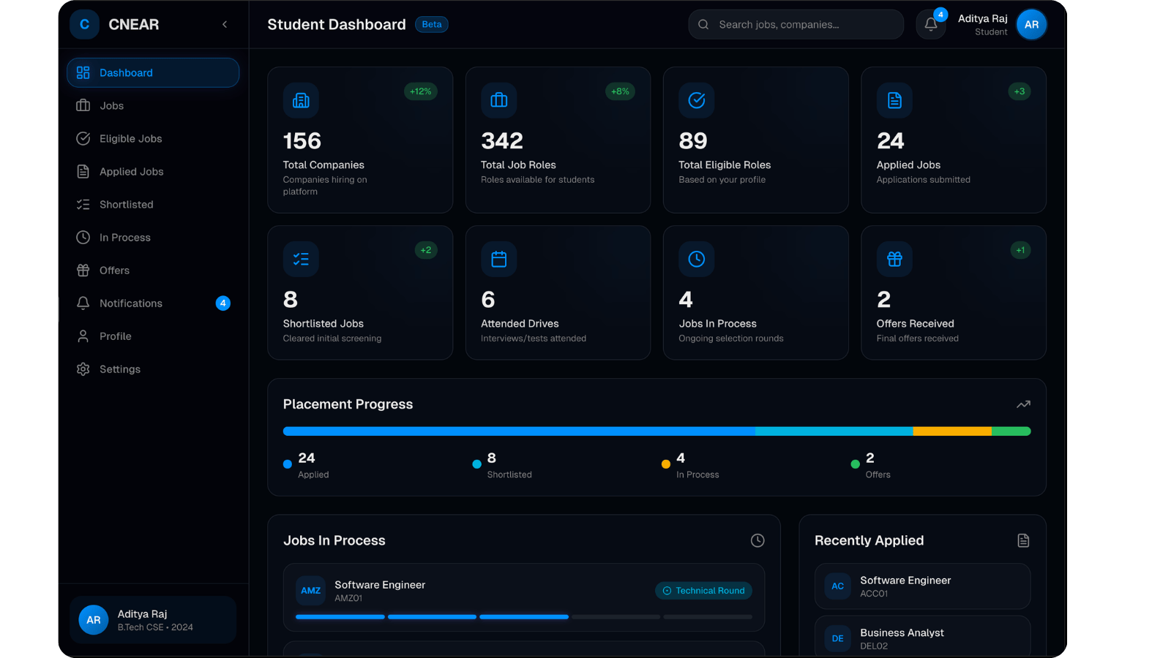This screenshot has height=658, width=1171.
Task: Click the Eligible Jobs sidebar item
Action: pos(130,139)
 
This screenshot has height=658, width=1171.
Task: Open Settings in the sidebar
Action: pos(119,369)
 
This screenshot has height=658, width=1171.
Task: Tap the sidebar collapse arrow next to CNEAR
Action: pos(225,24)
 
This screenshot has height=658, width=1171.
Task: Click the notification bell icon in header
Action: pos(930,24)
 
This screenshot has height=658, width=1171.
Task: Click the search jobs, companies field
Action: pos(796,24)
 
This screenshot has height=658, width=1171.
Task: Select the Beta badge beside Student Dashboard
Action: pos(432,24)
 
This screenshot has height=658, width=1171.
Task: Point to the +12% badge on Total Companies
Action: pos(420,91)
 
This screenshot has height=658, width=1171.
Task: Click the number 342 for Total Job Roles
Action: pos(502,140)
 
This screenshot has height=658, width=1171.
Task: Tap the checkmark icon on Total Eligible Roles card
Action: pos(697,100)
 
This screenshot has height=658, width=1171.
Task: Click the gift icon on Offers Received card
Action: pos(894,259)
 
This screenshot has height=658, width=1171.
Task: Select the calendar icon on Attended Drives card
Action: pos(499,259)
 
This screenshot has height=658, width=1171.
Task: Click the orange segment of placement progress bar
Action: pos(951,431)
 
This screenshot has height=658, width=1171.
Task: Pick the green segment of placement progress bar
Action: pos(1011,431)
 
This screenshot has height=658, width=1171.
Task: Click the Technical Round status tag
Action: pos(703,591)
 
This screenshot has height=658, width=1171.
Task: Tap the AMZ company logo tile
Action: pos(310,591)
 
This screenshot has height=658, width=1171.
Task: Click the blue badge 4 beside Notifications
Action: pos(223,303)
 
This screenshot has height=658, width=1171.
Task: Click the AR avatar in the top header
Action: pos(1031,24)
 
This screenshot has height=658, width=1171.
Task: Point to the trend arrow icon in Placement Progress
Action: pos(1023,404)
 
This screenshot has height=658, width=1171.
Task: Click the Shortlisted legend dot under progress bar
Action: pos(476,464)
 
